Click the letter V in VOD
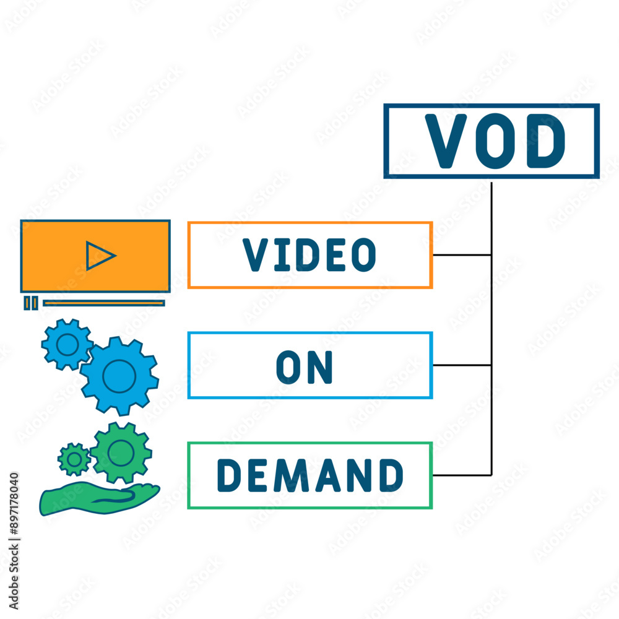coord(446,141)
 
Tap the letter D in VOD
coord(545,141)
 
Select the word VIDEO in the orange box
coord(309,254)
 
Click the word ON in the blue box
coord(305,366)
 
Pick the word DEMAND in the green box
coord(310,475)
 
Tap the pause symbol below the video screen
coord(31,303)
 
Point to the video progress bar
coord(104,303)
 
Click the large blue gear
coord(119,376)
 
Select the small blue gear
coord(67,345)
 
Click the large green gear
coord(121,453)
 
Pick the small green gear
coord(74,459)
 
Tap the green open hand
coord(98,498)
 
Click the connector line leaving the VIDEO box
coord(462,255)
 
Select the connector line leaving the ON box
coord(462,365)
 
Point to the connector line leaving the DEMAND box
coord(462,475)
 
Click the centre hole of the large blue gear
coord(119,376)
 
